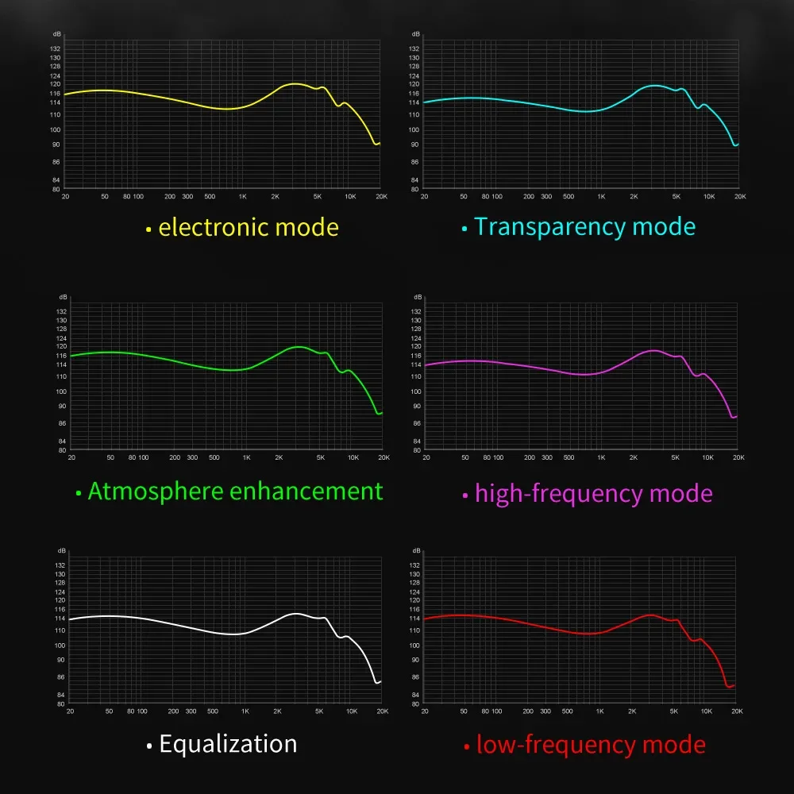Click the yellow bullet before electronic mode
(x=148, y=230)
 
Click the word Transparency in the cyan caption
(x=539, y=227)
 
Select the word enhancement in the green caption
(x=306, y=491)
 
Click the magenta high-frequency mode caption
(x=593, y=494)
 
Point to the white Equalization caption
(x=228, y=744)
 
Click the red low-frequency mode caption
(x=591, y=745)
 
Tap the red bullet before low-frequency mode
(x=466, y=748)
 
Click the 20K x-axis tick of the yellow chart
(x=380, y=196)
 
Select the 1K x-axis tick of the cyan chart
(x=601, y=196)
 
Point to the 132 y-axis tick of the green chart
(x=61, y=311)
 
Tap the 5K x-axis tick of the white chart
(x=319, y=711)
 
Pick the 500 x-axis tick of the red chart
(x=568, y=711)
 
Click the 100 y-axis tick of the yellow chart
(x=56, y=129)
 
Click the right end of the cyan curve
(x=738, y=145)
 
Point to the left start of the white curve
(x=70, y=619)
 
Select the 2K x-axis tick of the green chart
(x=279, y=457)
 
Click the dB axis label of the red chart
(x=416, y=550)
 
